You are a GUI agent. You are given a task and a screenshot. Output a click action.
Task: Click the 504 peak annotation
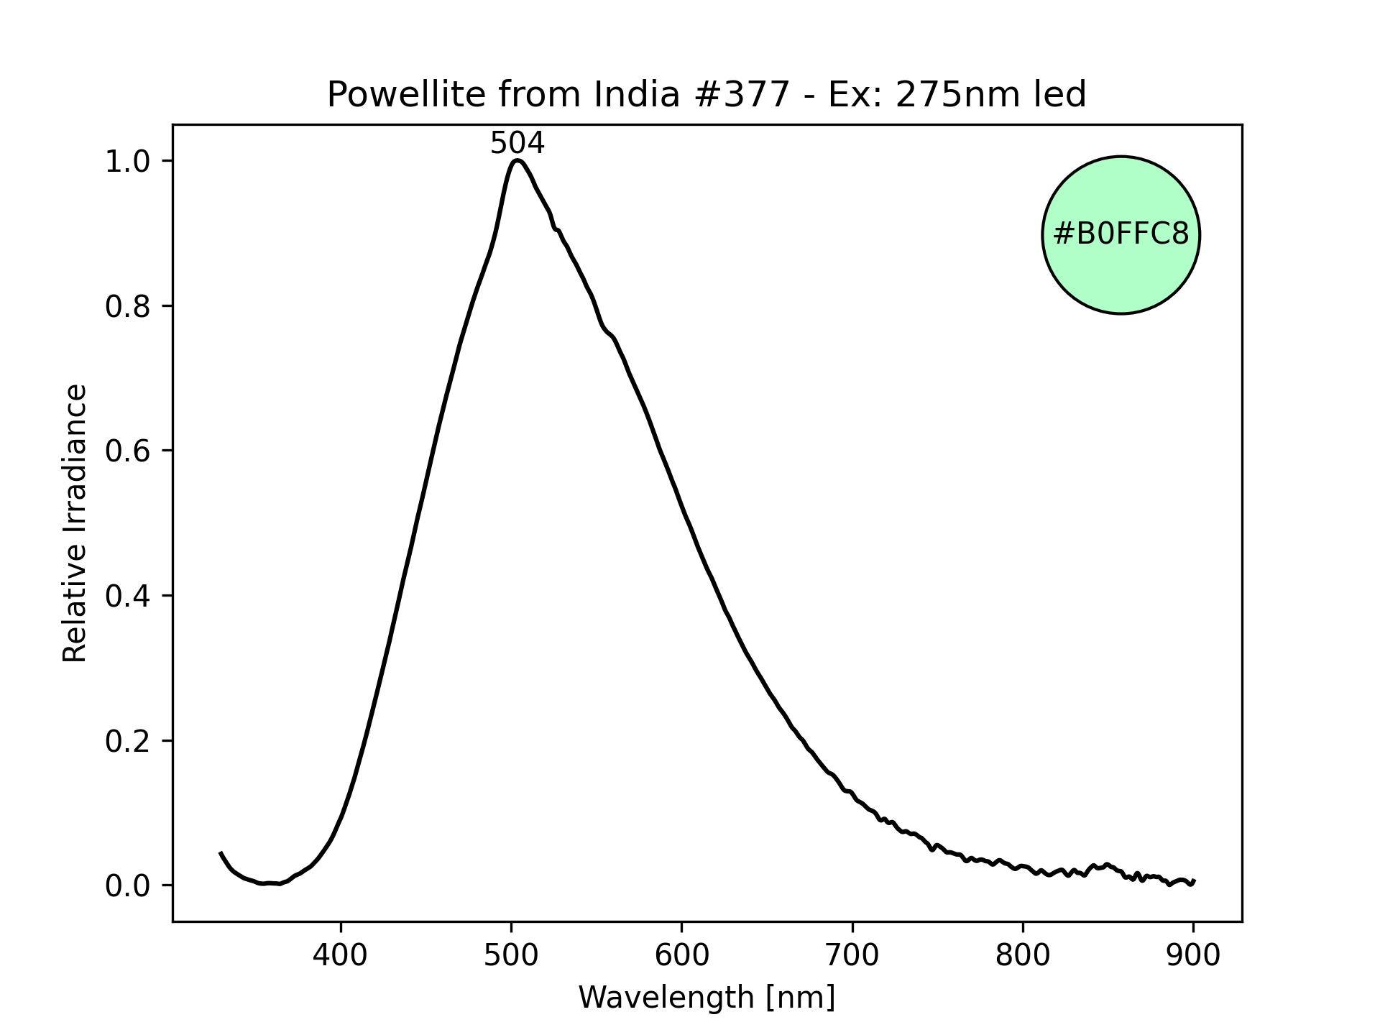[x=517, y=144]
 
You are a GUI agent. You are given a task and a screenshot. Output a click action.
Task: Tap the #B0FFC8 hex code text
[x=1121, y=234]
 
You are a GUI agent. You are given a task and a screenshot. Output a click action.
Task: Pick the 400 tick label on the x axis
[x=341, y=955]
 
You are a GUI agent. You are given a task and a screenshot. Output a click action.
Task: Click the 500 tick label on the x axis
[x=511, y=955]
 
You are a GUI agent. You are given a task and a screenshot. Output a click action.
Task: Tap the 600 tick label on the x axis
[x=681, y=955]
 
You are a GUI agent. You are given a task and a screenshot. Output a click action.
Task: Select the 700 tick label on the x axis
[x=852, y=955]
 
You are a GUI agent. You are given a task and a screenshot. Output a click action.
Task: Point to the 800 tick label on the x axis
[x=1023, y=955]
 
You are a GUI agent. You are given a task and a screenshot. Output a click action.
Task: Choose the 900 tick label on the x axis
[x=1193, y=955]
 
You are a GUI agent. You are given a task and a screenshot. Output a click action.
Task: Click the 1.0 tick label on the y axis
[x=127, y=161]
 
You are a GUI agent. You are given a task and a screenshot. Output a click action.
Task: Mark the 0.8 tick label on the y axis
[x=127, y=306]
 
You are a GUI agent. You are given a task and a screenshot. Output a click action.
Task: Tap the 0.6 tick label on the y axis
[x=127, y=451]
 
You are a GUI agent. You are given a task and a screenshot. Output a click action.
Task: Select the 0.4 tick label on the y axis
[x=127, y=596]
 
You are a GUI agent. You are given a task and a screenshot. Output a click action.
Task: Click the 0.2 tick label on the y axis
[x=127, y=741]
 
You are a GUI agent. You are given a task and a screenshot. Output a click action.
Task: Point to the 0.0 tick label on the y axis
[x=127, y=886]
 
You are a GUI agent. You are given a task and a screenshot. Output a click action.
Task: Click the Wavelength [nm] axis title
[x=707, y=998]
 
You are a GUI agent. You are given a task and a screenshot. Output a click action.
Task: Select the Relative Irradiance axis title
[x=75, y=523]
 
